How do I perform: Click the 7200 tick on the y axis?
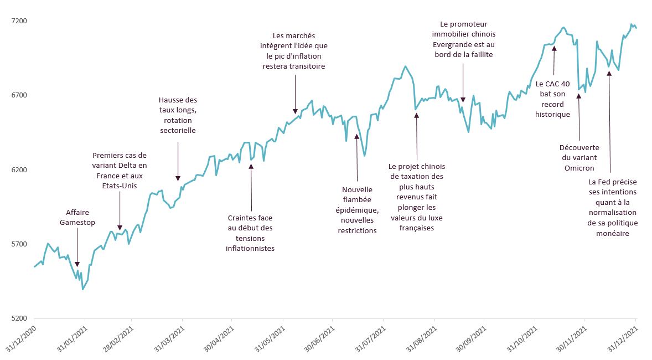click(x=19, y=21)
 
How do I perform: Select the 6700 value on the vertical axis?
click(x=19, y=95)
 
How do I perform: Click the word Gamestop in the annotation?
click(x=77, y=223)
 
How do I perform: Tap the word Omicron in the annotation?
click(x=579, y=168)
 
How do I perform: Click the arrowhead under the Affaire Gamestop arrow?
click(x=77, y=264)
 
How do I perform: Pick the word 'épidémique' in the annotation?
click(x=357, y=210)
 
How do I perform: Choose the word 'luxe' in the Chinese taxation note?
click(x=434, y=218)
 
